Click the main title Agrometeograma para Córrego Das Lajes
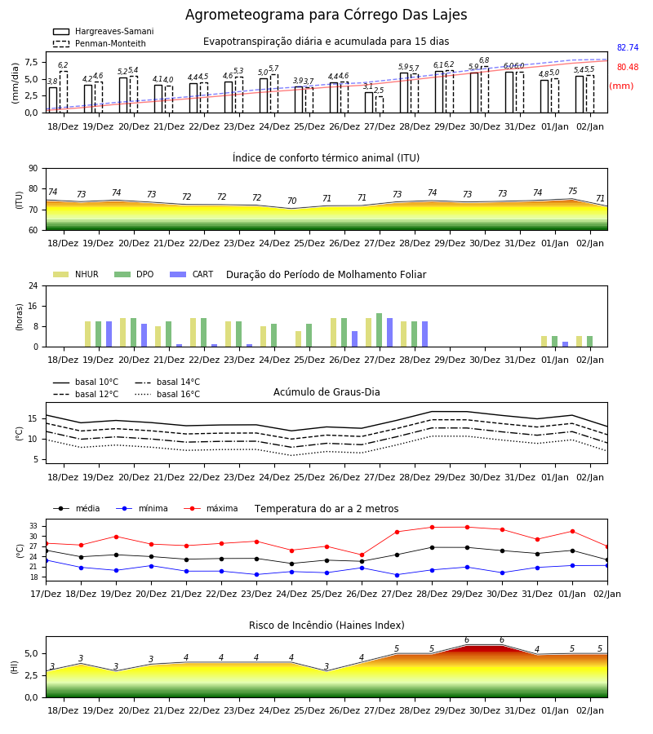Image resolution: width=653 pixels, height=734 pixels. (326, 15)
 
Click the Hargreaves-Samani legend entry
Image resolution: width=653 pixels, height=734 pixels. (104, 31)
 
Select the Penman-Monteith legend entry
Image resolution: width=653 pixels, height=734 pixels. (100, 43)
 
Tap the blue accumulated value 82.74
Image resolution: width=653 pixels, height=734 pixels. (628, 48)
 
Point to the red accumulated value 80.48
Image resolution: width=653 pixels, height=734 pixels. (628, 68)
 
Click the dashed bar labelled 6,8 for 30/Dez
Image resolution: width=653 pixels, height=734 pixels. (484, 90)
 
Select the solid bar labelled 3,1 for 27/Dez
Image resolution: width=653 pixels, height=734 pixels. (369, 103)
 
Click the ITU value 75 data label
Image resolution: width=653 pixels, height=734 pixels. (572, 191)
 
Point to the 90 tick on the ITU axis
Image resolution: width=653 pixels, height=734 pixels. (33, 169)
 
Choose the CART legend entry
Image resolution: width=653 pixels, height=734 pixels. (192, 274)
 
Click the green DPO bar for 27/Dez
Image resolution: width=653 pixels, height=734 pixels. (380, 330)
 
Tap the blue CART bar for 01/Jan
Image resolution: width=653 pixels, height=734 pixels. (566, 344)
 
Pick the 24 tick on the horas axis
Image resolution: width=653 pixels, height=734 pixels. (33, 285)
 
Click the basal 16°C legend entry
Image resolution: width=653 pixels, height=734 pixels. (167, 394)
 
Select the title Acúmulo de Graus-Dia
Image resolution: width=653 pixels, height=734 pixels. (326, 392)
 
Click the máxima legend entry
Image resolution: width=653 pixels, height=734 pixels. (211, 508)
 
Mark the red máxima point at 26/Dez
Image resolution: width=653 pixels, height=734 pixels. (362, 555)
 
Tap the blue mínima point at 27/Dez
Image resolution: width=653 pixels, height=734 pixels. (398, 575)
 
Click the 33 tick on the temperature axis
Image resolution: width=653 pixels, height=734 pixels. (33, 526)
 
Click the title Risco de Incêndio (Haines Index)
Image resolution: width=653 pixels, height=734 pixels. (326, 626)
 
